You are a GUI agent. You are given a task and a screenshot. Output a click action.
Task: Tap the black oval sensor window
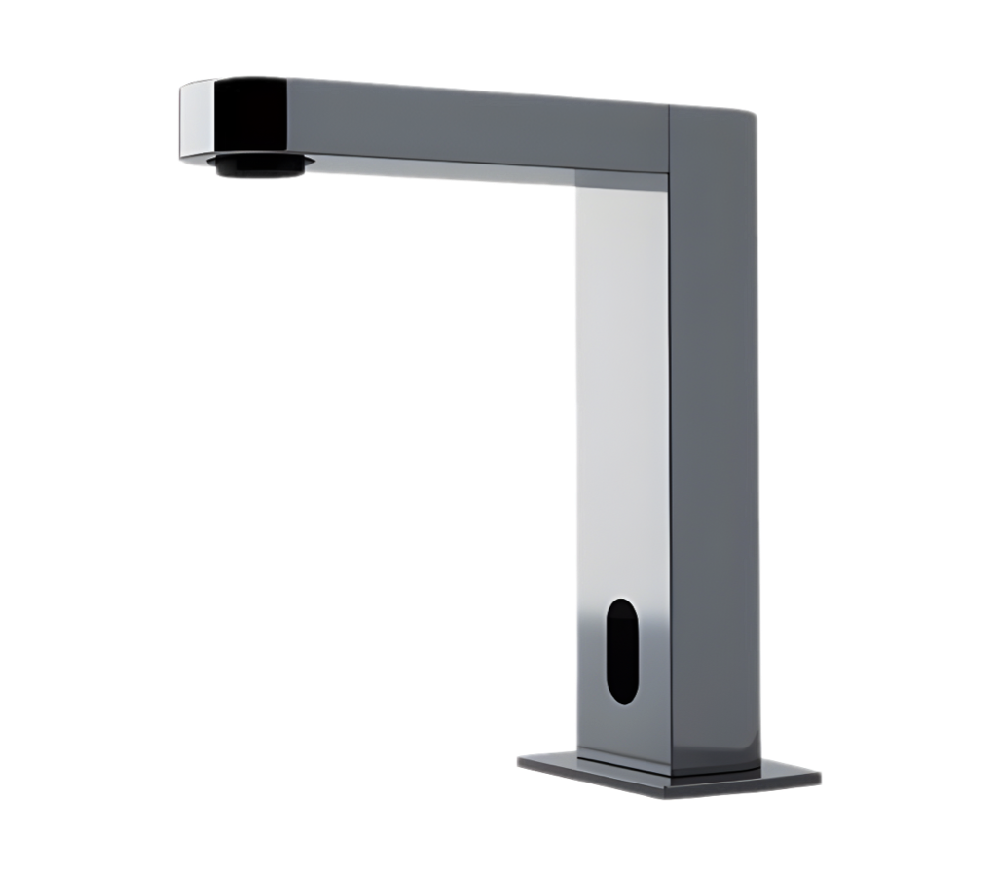(x=620, y=650)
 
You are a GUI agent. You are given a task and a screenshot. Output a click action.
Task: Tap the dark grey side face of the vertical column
(x=716, y=438)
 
